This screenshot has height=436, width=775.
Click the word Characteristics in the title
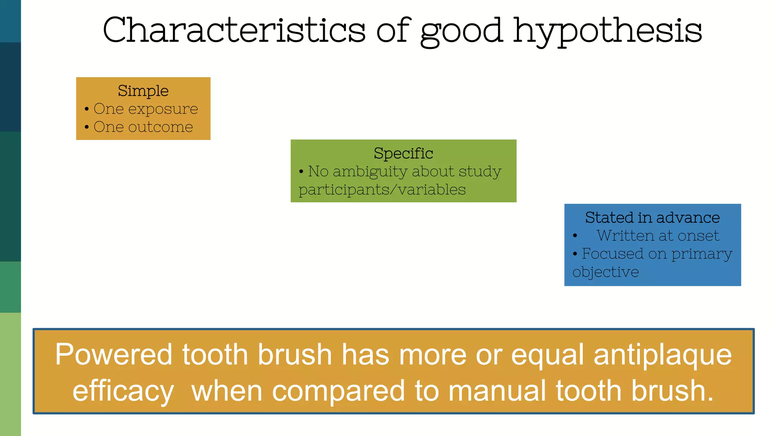[x=234, y=30]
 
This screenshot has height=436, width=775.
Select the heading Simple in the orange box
[x=143, y=91]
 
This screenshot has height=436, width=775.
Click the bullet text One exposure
[x=146, y=109]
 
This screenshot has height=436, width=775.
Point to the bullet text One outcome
[x=143, y=127]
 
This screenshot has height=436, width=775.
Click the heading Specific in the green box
[x=403, y=153]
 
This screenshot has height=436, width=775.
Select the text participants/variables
[x=382, y=190]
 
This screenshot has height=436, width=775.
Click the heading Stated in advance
[x=652, y=218]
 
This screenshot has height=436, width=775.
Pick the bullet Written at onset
[x=658, y=236]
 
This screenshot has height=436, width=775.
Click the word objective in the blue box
[x=605, y=272]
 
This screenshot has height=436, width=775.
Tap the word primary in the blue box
[x=702, y=254]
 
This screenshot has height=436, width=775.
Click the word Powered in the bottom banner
[x=114, y=355]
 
